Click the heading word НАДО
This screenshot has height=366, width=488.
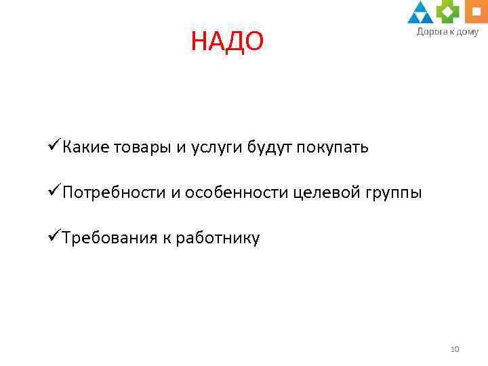pos(226,43)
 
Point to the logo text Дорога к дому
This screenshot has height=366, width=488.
pos(447,31)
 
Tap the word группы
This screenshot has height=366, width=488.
pos(392,194)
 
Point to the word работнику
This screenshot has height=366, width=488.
pos(218,239)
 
